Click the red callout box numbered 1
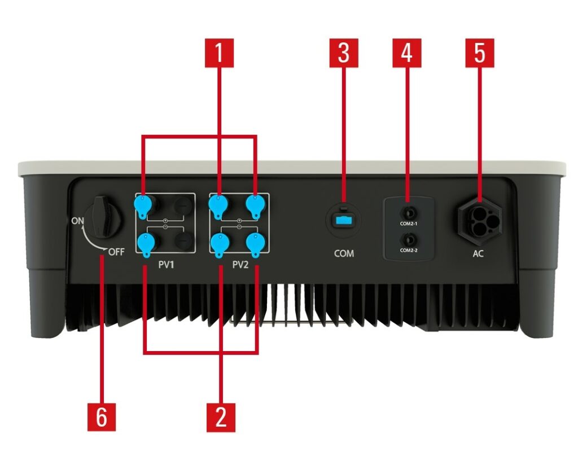(x=220, y=53)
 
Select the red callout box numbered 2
(x=221, y=418)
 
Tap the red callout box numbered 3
(x=344, y=53)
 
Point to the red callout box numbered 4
(x=406, y=53)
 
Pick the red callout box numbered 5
(x=480, y=53)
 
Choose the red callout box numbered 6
(x=102, y=418)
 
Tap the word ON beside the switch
(x=77, y=221)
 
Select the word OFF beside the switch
(x=116, y=252)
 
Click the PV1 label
(x=166, y=265)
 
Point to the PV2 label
(x=240, y=265)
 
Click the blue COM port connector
(x=344, y=221)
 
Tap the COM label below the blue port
(x=344, y=253)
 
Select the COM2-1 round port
(x=409, y=213)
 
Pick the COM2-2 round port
(x=409, y=240)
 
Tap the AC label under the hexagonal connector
(x=478, y=253)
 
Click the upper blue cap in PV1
(x=143, y=205)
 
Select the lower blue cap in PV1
(x=145, y=244)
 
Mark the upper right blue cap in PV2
(x=255, y=205)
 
